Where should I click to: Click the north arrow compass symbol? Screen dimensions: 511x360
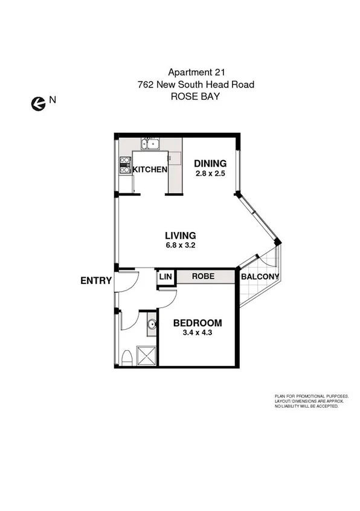point(38,103)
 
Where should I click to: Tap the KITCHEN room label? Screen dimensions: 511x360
point(150,170)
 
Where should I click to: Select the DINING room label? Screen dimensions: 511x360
point(210,163)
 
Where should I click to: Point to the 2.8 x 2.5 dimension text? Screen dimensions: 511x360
point(210,173)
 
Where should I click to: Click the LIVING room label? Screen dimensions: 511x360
point(181,236)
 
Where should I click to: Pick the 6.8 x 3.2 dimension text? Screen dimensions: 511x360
point(181,246)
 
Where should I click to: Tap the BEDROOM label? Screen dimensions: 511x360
point(198,323)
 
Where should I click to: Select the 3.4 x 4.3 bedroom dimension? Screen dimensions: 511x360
point(198,333)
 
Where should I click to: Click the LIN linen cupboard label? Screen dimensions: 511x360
point(166,277)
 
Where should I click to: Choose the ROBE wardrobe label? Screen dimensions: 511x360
point(204,277)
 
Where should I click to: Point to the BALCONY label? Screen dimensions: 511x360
point(260,277)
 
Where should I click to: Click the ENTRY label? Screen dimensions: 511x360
point(95,280)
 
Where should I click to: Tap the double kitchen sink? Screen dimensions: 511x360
point(150,144)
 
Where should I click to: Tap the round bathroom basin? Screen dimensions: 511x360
point(152,327)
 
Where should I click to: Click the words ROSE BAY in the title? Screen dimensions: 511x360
point(194,96)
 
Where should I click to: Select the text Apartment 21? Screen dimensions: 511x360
point(194,72)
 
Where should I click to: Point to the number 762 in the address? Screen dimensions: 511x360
point(146,84)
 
